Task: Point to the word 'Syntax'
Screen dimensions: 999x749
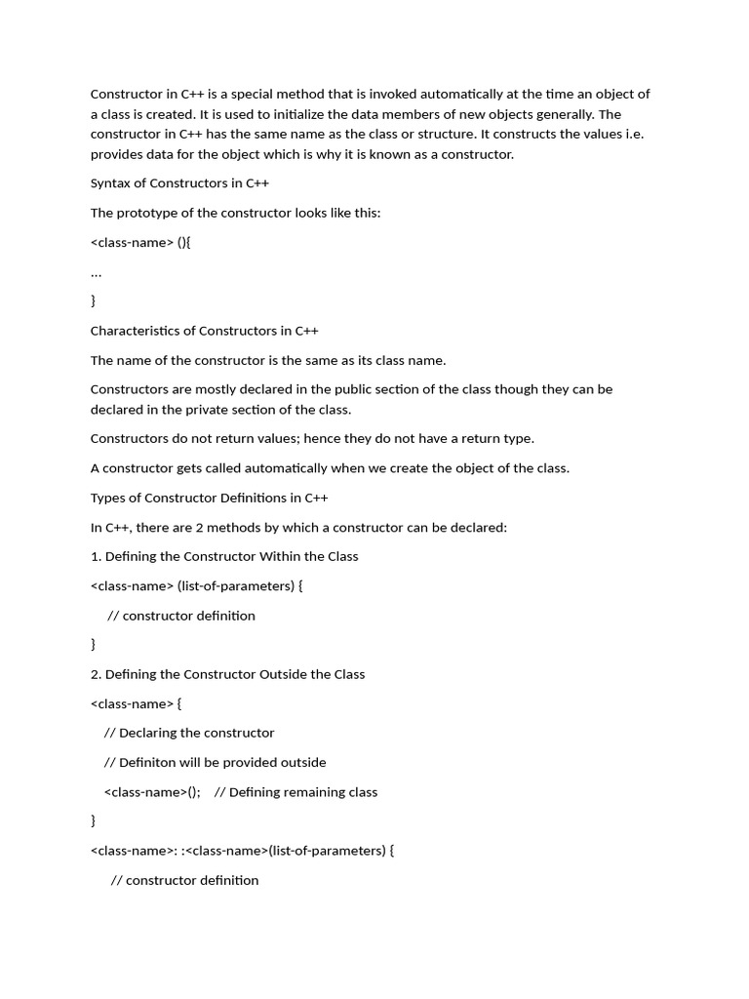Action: (112, 183)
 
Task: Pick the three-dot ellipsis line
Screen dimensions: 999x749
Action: (96, 272)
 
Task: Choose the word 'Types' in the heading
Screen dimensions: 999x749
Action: (108, 498)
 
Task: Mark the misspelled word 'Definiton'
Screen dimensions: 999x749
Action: (148, 762)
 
